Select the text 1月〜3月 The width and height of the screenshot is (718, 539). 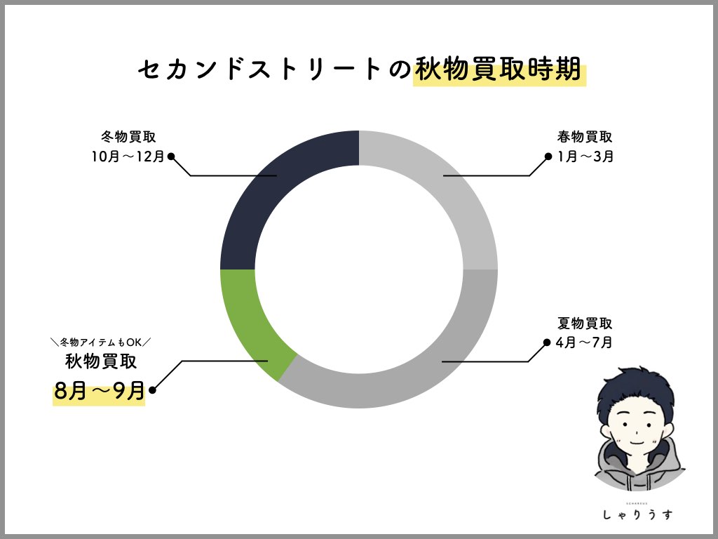[585, 157]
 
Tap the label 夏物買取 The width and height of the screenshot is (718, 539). [585, 324]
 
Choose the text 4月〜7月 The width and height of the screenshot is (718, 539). [585, 342]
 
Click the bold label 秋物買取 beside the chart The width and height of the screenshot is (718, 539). [101, 361]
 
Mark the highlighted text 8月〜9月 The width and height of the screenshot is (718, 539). [99, 390]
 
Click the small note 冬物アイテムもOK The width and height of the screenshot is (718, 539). [101, 342]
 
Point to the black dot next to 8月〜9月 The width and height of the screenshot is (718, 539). [152, 390]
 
